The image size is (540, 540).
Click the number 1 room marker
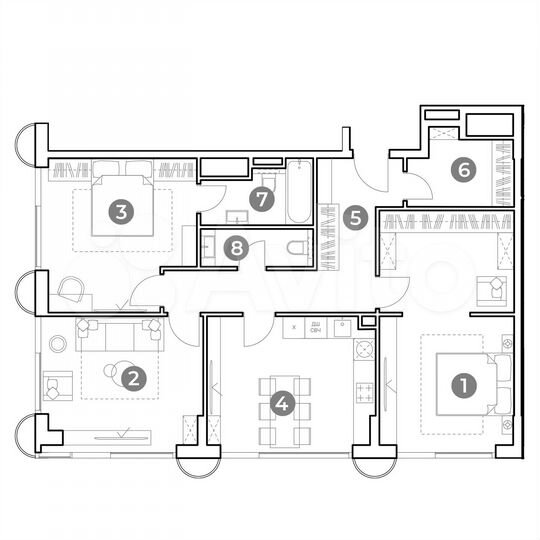pyautogui.click(x=462, y=382)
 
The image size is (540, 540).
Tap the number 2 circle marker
pyautogui.click(x=131, y=377)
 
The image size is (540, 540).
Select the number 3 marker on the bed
pyautogui.click(x=121, y=211)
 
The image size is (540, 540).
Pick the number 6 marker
pyautogui.click(x=461, y=169)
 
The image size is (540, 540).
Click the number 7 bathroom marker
pyautogui.click(x=262, y=198)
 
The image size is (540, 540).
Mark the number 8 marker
pyautogui.click(x=235, y=247)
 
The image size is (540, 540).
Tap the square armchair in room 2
pyautogui.click(x=56, y=383)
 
